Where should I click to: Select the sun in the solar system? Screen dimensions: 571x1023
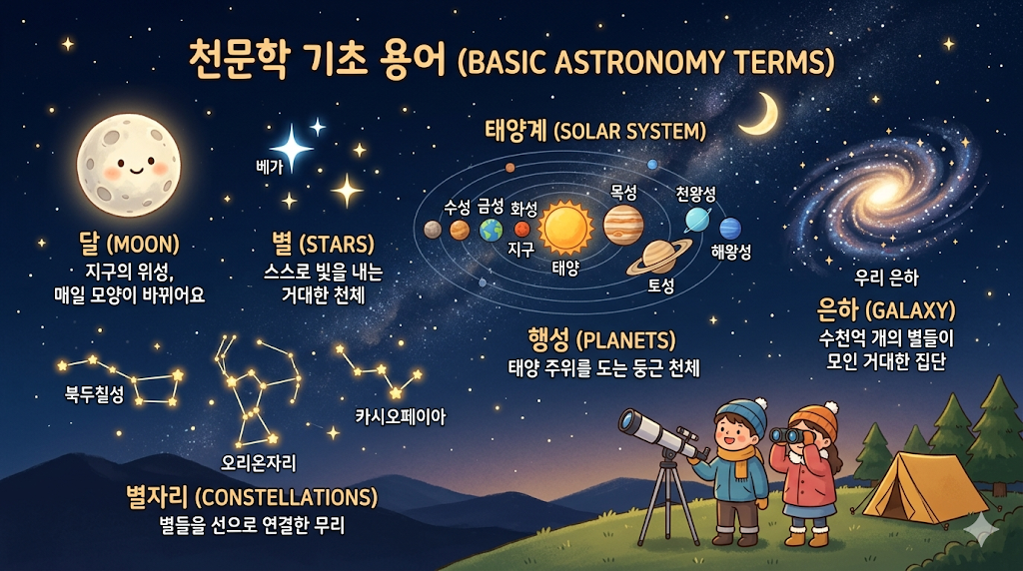[x=565, y=228]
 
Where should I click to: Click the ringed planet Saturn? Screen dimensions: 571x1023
[x=659, y=258]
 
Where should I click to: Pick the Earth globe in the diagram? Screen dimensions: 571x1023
[x=491, y=231]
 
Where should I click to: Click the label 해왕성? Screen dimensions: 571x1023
[x=731, y=253]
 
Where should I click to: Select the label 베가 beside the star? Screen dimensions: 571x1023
[x=271, y=167]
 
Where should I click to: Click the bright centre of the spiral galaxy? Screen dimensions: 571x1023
[x=886, y=190]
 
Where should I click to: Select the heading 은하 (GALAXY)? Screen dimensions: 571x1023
[x=886, y=308]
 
